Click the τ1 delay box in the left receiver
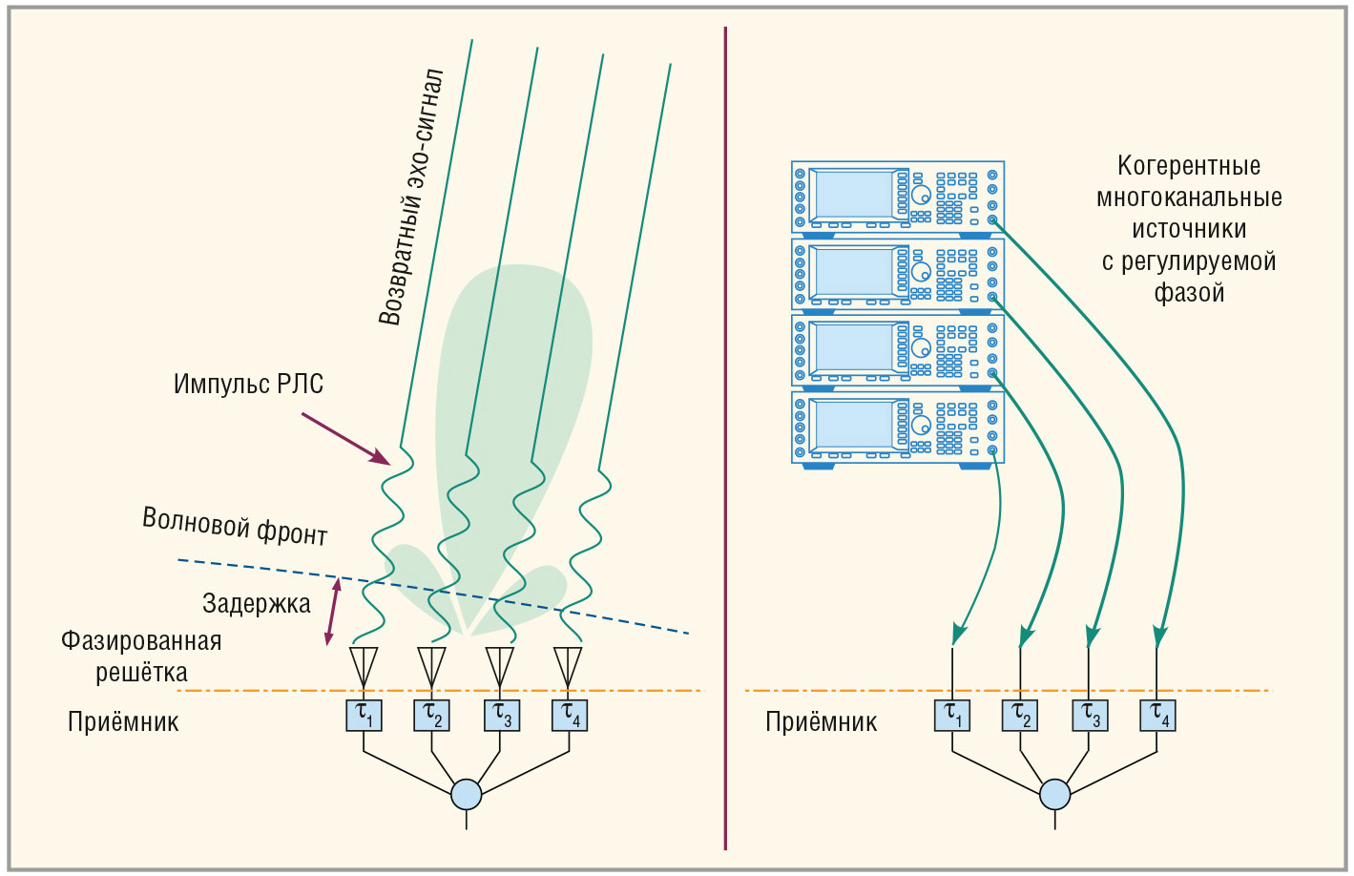click(364, 715)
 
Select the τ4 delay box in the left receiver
click(570, 715)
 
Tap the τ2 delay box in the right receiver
click(1020, 715)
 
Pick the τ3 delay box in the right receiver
click(1089, 715)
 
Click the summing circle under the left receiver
click(467, 794)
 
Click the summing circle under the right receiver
click(1054, 794)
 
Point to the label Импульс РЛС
click(248, 385)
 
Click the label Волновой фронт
click(235, 526)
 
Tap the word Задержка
click(257, 604)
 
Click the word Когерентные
click(1189, 166)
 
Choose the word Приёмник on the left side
click(123, 722)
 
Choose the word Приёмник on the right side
click(821, 722)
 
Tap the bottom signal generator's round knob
click(921, 426)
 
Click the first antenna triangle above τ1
click(364, 660)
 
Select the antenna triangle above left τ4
click(569, 660)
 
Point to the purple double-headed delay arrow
click(332, 611)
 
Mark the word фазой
click(1189, 293)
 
